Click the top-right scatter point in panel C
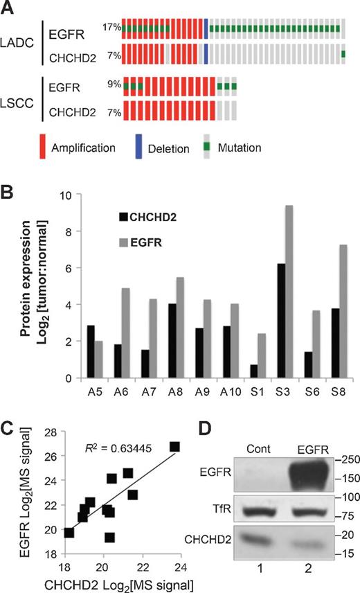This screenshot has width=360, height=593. click(x=174, y=447)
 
